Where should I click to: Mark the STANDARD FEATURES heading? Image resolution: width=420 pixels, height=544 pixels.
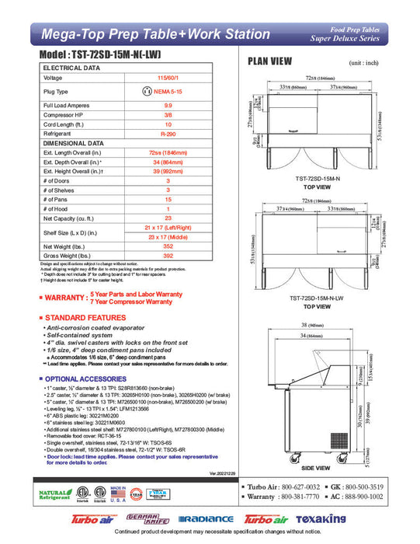(x=85, y=319)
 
